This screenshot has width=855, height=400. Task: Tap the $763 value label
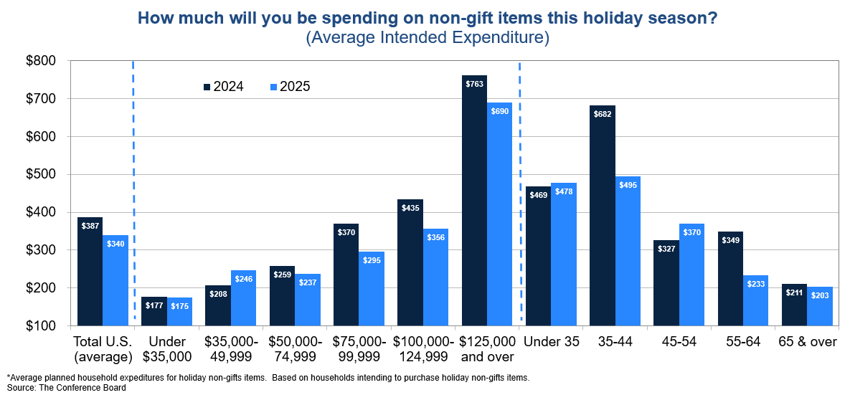click(x=474, y=84)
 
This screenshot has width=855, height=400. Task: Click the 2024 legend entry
click(x=223, y=87)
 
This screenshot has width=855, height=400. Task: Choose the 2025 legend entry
click(x=290, y=87)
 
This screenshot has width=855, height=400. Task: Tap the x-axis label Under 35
click(x=552, y=342)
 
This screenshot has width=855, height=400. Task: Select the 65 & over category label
click(x=808, y=342)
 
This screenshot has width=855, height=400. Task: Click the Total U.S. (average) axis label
click(x=103, y=349)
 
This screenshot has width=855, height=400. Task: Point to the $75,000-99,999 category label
click(x=359, y=349)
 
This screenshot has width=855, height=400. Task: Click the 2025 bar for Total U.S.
click(x=115, y=280)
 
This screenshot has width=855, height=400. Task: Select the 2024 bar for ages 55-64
click(x=730, y=279)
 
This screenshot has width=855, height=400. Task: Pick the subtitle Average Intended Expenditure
click(x=427, y=37)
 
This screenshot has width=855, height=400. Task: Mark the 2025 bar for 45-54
click(x=691, y=275)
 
